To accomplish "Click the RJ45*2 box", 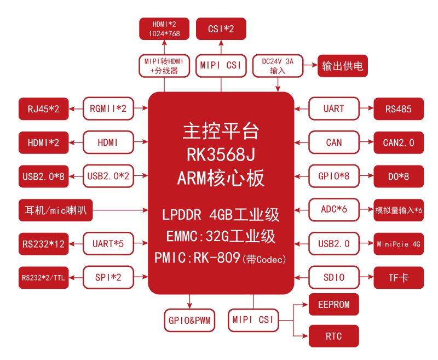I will click(x=43, y=109).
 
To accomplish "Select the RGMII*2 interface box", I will click(x=108, y=109).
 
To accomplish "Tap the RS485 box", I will click(x=398, y=109).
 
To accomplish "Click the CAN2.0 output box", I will click(x=398, y=143).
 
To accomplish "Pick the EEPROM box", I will click(x=333, y=305).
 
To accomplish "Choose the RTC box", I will click(x=333, y=336).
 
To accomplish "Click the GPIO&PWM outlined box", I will click(x=189, y=320).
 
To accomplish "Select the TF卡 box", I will click(x=398, y=278).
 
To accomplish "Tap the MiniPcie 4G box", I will click(x=398, y=244).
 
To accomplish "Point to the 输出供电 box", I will click(x=342, y=66).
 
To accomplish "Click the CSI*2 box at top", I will click(x=221, y=28).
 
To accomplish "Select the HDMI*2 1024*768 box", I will click(x=164, y=29).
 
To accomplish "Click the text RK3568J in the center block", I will click(x=221, y=155).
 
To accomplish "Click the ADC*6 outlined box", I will click(x=333, y=210).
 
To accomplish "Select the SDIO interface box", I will click(x=333, y=278).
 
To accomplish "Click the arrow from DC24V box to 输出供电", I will click(x=310, y=66).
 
